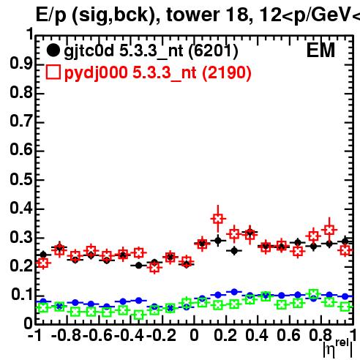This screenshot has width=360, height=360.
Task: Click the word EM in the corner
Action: click(320, 50)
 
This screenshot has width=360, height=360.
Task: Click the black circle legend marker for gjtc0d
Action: click(53, 50)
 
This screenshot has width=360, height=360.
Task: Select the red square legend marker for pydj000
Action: click(53, 72)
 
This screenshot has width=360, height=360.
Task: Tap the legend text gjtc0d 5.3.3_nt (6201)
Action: click(151, 51)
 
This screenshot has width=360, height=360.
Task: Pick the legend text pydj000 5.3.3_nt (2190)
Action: click(158, 73)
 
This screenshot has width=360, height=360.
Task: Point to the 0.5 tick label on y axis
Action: click(21, 179)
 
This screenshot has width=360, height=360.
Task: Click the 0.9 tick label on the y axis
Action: click(21, 64)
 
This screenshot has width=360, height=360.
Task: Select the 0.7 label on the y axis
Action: click(21, 121)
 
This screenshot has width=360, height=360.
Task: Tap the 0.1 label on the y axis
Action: click(22, 295)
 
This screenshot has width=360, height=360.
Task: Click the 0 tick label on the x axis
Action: click(194, 335)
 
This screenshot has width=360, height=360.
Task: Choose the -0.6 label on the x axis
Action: click(97, 335)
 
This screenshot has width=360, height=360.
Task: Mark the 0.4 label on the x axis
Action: click(257, 335)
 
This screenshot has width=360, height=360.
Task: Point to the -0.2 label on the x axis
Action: click(161, 335)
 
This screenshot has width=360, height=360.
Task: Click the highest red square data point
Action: click(218, 219)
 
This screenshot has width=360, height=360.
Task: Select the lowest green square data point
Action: click(139, 315)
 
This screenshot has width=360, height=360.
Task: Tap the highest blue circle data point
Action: click(234, 292)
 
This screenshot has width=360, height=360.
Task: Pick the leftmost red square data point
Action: click(43, 263)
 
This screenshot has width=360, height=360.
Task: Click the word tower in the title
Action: click(193, 15)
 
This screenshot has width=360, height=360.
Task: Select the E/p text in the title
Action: click(51, 15)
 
